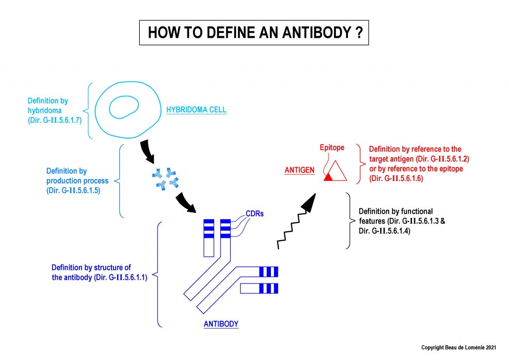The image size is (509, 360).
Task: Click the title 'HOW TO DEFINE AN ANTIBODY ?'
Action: (x=255, y=32)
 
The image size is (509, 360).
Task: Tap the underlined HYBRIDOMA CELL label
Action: (x=196, y=110)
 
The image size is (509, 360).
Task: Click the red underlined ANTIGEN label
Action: (x=300, y=170)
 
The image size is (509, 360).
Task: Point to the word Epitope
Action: (x=332, y=148)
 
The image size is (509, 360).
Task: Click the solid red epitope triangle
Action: (x=328, y=177)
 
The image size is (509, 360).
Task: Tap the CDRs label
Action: (x=254, y=214)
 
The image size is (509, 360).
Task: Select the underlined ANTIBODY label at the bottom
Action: (x=221, y=324)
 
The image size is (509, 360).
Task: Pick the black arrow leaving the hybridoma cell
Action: (x=147, y=152)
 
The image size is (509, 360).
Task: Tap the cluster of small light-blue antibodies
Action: (x=166, y=179)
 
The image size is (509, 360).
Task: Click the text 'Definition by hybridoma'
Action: (x=48, y=105)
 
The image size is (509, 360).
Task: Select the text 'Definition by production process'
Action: (x=77, y=176)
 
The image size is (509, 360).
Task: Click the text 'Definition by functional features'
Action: (x=396, y=216)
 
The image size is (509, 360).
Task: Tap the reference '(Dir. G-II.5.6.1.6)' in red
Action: (x=396, y=179)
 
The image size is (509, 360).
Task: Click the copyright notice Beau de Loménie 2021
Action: (x=459, y=348)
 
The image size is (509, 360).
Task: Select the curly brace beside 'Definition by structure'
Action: (x=157, y=274)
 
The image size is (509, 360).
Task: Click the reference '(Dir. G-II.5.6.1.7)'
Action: (x=55, y=120)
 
